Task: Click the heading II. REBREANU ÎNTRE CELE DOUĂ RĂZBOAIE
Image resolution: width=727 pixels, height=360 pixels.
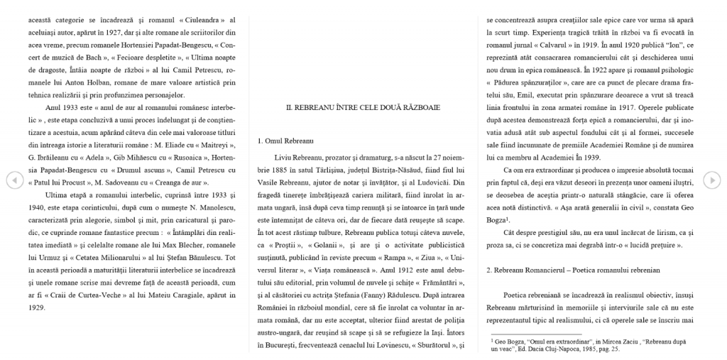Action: [x=362, y=107]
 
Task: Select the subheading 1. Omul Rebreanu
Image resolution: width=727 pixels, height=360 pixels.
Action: [x=286, y=141]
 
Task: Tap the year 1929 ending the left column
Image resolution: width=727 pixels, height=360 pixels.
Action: [x=38, y=308]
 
